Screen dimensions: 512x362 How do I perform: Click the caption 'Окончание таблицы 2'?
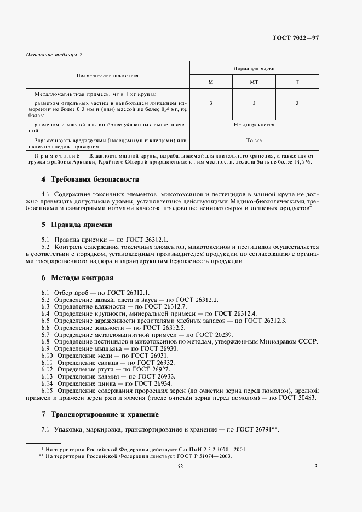coord(54,54)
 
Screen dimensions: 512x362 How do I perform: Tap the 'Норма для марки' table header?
coord(254,69)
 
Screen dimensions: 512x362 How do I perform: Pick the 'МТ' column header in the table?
coord(254,82)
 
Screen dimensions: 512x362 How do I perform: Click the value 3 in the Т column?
coord(297,103)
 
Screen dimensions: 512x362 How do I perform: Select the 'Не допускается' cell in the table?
coord(254,125)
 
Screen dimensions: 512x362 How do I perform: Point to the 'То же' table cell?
coord(254,141)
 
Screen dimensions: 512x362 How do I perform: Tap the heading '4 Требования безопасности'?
coord(90,179)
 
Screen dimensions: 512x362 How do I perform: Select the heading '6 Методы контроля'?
coord(77,278)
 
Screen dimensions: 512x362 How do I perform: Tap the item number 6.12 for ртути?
coord(47,370)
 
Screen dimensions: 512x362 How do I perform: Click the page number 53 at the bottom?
coord(180,467)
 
